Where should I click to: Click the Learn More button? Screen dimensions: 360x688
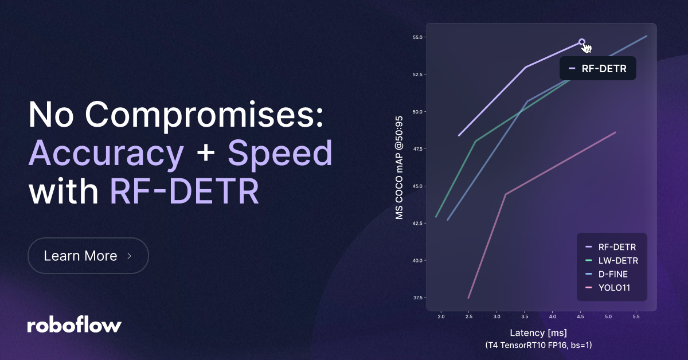coord(88,256)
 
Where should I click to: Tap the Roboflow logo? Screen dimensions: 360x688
coord(75,325)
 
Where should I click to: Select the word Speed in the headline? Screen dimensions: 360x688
coord(280,154)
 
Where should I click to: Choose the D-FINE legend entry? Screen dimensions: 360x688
coord(612,274)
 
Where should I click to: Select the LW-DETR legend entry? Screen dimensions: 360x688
coord(617,261)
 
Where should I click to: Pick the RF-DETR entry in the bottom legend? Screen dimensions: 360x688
coord(617,247)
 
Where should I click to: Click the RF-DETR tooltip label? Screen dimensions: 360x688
coord(598,68)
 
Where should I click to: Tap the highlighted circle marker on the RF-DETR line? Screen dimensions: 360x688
coord(582,42)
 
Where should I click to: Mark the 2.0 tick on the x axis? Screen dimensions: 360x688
coord(441,316)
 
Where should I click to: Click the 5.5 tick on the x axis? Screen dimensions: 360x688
coord(636,316)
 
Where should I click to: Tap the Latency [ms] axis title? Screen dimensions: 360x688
coord(538,333)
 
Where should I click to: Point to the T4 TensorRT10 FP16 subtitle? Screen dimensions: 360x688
coord(538,345)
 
